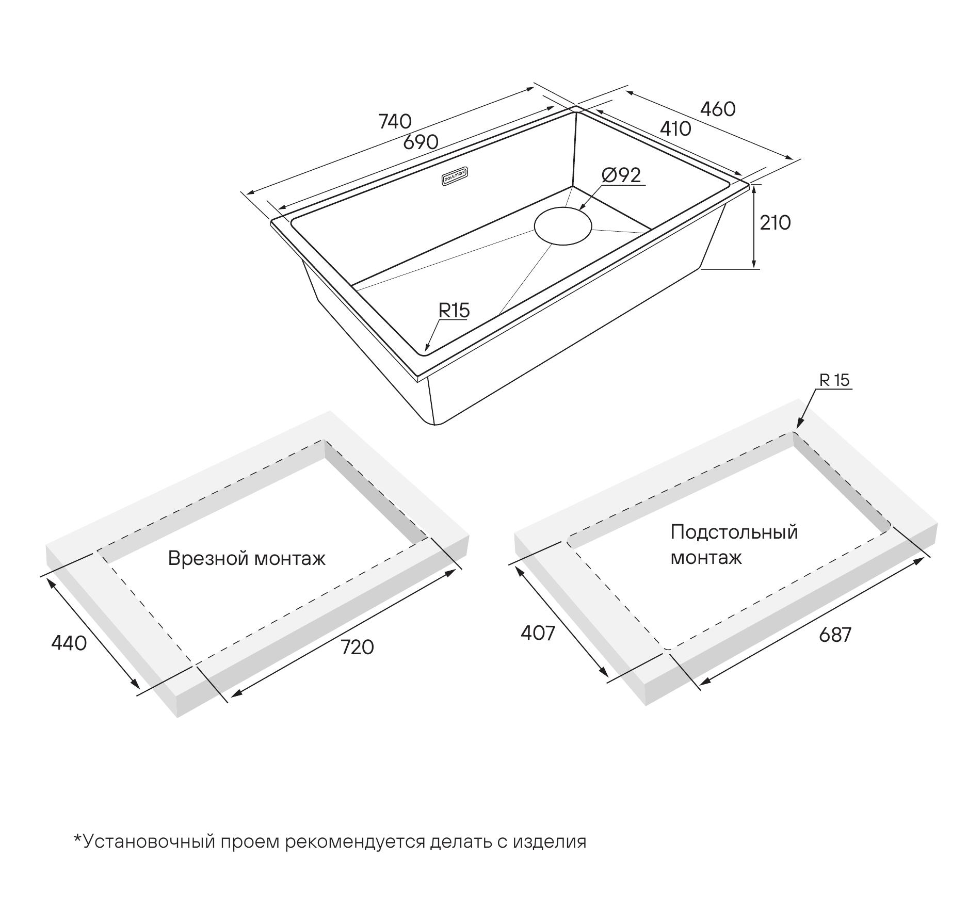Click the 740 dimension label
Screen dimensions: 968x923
pos(395,121)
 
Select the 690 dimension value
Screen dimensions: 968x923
pos(421,142)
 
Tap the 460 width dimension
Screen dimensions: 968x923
pos(718,109)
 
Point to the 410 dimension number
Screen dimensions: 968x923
pos(675,129)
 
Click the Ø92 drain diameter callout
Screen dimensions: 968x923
pos(621,175)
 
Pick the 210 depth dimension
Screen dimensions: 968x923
pos(775,223)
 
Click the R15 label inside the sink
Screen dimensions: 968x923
pos(454,310)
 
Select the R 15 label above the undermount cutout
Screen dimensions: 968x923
pos(834,380)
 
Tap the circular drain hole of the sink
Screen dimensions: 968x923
pos(563,226)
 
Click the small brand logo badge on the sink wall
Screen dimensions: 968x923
pos(455,178)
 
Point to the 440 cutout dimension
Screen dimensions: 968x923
pos(69,643)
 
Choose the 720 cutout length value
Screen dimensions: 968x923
pos(357,647)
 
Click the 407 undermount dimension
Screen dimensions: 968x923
pos(538,633)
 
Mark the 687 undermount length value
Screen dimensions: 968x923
pos(835,635)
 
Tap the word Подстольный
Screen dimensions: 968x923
pos(734,532)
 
